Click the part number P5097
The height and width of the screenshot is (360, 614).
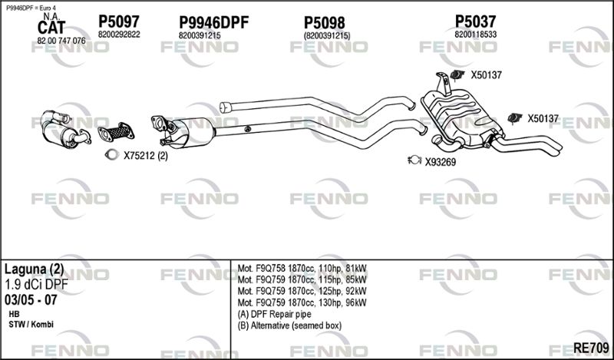tap(119, 21)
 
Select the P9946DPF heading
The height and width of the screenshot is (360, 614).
tap(214, 22)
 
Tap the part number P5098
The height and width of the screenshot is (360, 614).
tap(325, 23)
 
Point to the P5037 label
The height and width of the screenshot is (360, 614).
tap(475, 21)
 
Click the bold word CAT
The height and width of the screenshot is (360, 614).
tap(51, 28)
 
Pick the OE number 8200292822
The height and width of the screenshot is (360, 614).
tap(119, 35)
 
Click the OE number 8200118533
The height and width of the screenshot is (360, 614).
tap(475, 35)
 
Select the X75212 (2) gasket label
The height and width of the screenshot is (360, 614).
tap(146, 156)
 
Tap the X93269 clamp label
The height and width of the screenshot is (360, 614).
tap(441, 162)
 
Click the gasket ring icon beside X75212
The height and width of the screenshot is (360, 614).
tap(111, 155)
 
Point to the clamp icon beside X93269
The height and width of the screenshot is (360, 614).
tap(414, 160)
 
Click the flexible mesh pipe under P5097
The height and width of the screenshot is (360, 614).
tap(117, 132)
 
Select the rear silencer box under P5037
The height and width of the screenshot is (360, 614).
tap(461, 117)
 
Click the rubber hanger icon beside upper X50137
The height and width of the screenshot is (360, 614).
tap(457, 74)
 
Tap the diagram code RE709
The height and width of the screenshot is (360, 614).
tap(591, 348)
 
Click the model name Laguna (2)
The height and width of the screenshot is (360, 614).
tap(34, 269)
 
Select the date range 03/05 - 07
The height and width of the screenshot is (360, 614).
tap(31, 300)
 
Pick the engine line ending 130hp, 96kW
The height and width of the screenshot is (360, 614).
tap(302, 302)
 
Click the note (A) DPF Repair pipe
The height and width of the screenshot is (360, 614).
tap(274, 314)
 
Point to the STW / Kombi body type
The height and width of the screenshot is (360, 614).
tap(31, 325)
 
